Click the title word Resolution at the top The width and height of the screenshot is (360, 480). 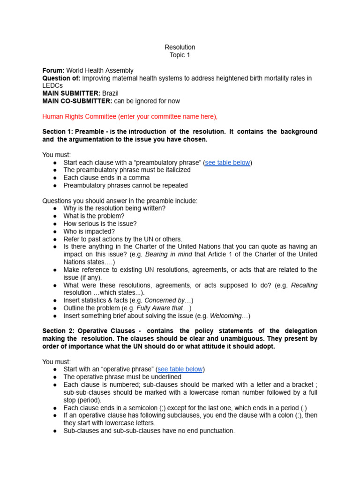pyautogui.click(x=180, y=47)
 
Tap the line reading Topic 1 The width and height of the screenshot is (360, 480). pyautogui.click(x=180, y=55)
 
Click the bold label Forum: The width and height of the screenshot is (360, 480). pyautogui.click(x=53, y=70)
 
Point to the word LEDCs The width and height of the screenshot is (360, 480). pyautogui.click(x=52, y=86)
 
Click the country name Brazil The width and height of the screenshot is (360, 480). pyautogui.click(x=110, y=93)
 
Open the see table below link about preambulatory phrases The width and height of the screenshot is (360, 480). pyautogui.click(x=227, y=163)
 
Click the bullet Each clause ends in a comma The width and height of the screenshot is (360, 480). pyautogui.click(x=106, y=178)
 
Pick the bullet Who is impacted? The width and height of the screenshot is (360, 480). pyautogui.click(x=89, y=232)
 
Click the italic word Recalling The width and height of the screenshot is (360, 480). pyautogui.click(x=304, y=285)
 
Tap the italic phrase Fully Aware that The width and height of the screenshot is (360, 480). pyautogui.click(x=162, y=308)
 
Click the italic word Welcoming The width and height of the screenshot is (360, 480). pyautogui.click(x=228, y=316)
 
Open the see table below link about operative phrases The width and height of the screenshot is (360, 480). pyautogui.click(x=180, y=369)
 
